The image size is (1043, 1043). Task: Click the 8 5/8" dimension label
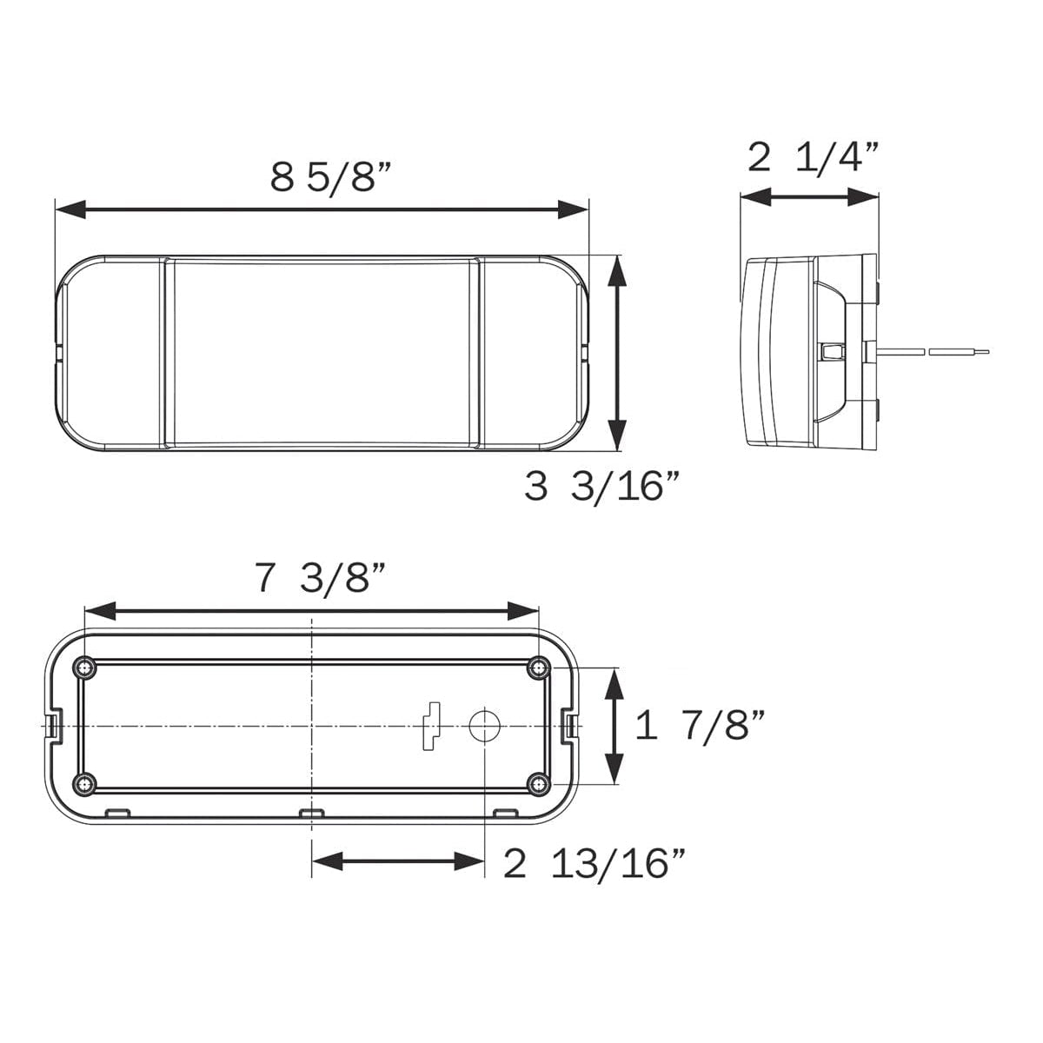pos(332,176)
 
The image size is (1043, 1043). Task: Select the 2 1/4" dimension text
pos(814,157)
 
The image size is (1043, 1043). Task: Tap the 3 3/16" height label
pos(601,487)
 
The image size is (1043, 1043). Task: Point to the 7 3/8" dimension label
pos(320,578)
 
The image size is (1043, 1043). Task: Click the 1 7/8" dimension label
pos(701,725)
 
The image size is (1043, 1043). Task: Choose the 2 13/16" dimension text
pos(595,864)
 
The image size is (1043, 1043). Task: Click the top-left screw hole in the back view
pos(84,668)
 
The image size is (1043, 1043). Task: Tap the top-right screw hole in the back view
pos(539,668)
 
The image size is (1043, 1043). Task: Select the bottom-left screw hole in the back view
pos(84,784)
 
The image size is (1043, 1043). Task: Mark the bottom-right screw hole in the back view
pos(539,784)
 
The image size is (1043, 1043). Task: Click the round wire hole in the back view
pos(484,725)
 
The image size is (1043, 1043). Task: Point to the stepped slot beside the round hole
pos(430,725)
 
